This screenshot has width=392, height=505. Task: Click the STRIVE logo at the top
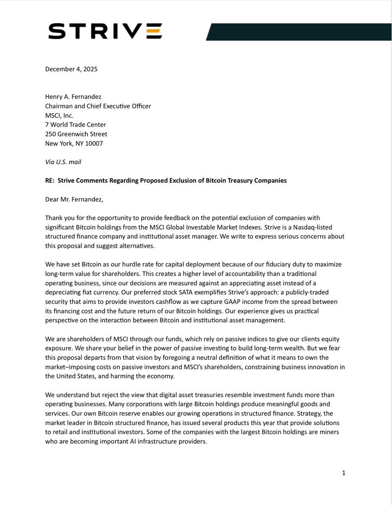105,32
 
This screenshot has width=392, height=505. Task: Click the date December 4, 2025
71,69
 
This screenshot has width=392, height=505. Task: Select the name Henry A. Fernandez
73,97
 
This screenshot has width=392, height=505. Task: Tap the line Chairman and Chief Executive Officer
98,106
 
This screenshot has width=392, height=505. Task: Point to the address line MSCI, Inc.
59,115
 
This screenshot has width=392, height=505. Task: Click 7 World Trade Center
76,125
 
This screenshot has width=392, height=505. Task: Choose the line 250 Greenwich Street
76,134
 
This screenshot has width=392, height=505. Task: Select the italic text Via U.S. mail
63,162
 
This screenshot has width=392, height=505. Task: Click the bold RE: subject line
166,181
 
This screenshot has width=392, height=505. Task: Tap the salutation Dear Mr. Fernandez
74,199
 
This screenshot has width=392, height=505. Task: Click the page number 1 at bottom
343,473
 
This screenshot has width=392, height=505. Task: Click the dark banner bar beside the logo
298,32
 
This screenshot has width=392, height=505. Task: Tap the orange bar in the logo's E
154,32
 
